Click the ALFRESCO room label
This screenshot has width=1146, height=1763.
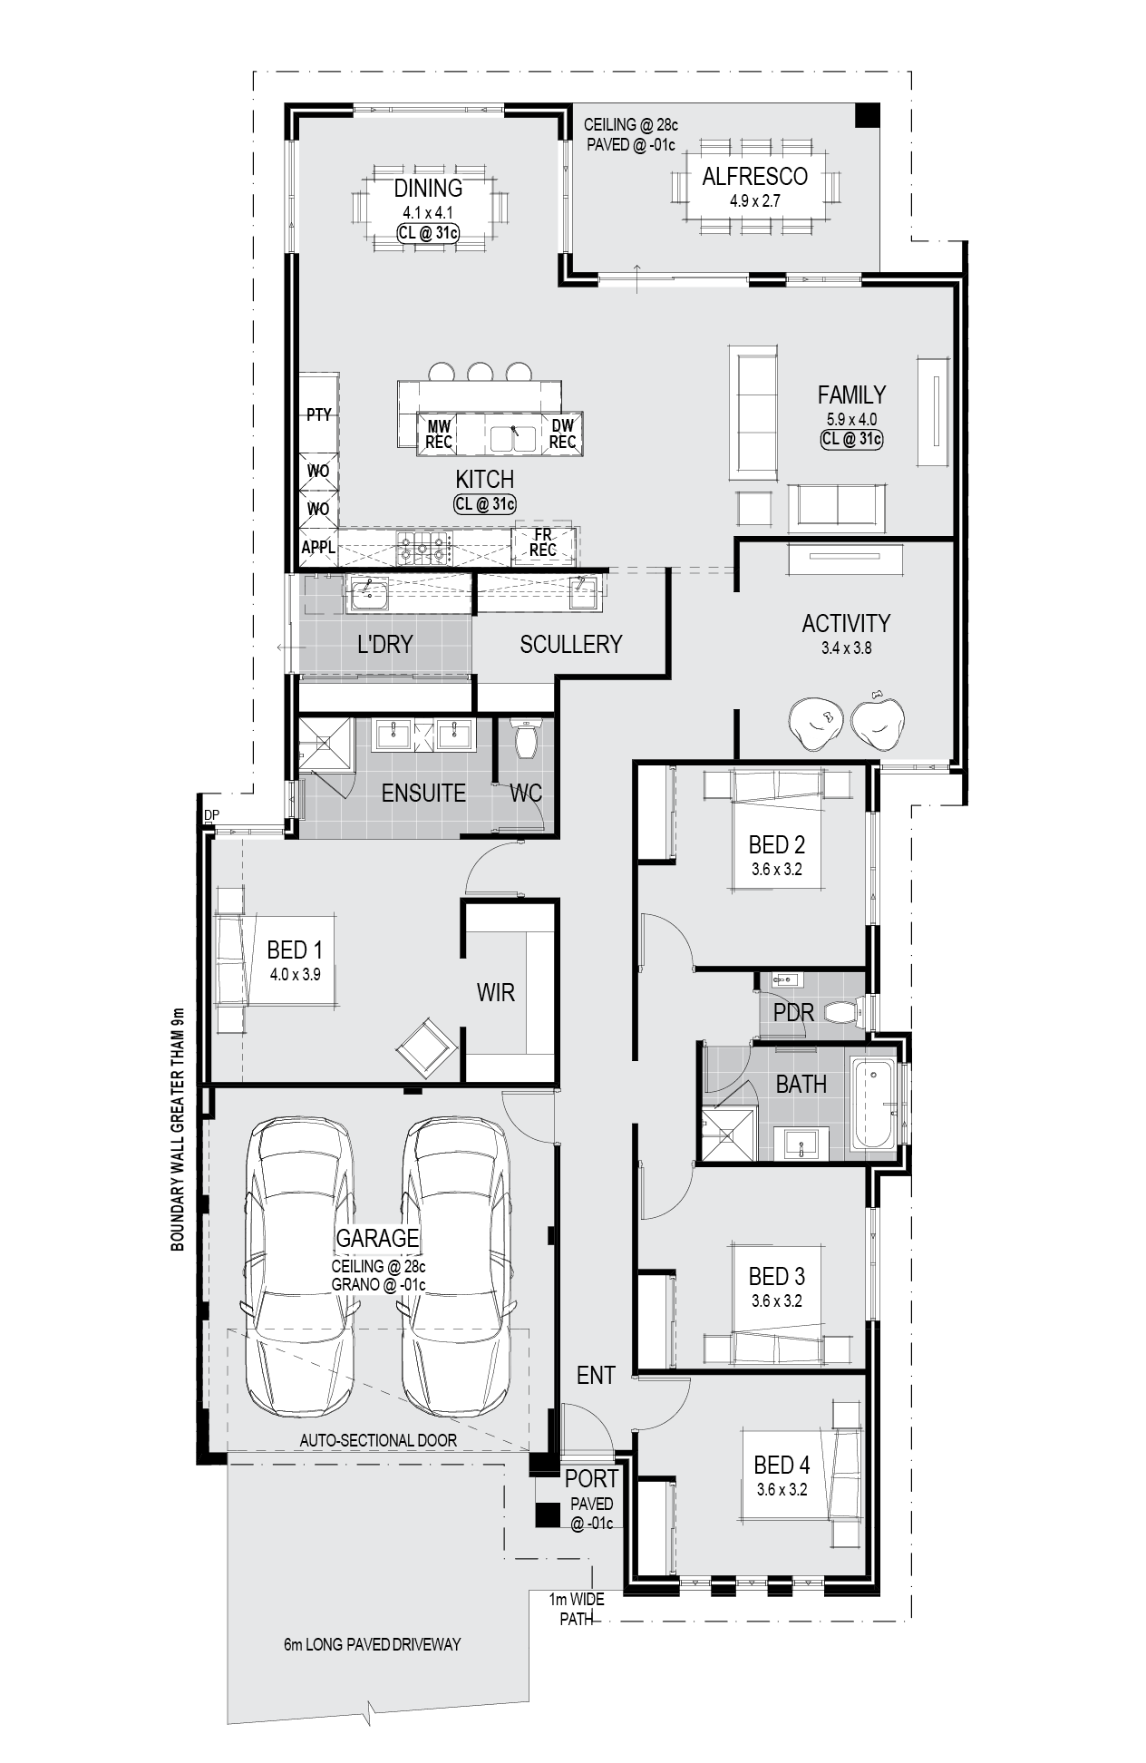point(754,176)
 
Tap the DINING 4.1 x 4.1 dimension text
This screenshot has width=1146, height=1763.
point(428,213)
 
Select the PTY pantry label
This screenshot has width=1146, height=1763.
point(318,415)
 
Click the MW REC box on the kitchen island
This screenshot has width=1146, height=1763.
point(440,433)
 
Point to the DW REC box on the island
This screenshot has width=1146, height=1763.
point(562,433)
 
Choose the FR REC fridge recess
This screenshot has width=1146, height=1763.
point(543,542)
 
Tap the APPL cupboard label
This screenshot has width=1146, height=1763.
point(318,548)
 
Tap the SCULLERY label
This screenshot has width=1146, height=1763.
point(571,644)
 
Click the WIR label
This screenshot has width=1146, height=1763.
point(496,992)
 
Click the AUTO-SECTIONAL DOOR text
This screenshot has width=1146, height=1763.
point(378,1440)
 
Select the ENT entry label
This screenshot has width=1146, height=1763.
point(596,1375)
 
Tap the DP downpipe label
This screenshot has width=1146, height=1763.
point(211,815)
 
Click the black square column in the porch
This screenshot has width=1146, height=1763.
point(547,1515)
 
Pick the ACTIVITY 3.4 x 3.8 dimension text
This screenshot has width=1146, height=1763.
point(846,648)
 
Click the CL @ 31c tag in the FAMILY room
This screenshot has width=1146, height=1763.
point(851,440)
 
